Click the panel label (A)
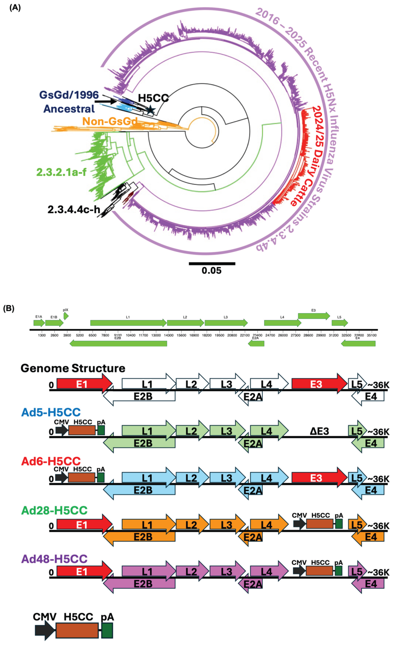pyautogui.click(x=15, y=8)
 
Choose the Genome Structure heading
pyautogui.click(x=73, y=368)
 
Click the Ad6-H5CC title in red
pyautogui.click(x=51, y=461)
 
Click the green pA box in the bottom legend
pyautogui.click(x=107, y=630)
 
